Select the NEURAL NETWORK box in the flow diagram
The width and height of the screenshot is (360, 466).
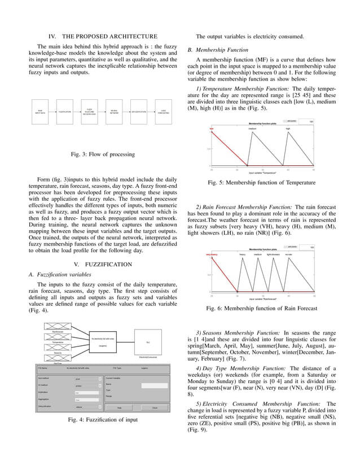point(114,112)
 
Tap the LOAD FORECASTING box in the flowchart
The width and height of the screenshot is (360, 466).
point(163,112)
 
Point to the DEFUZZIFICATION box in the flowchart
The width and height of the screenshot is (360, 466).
point(139,112)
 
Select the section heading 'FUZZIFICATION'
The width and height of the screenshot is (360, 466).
point(102,264)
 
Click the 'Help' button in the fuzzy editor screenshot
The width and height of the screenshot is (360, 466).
point(119,407)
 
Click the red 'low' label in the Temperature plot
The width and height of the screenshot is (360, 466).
point(212,129)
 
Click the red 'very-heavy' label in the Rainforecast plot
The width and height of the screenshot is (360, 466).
point(212,254)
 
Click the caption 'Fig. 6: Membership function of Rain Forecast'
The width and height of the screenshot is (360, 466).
point(262,308)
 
